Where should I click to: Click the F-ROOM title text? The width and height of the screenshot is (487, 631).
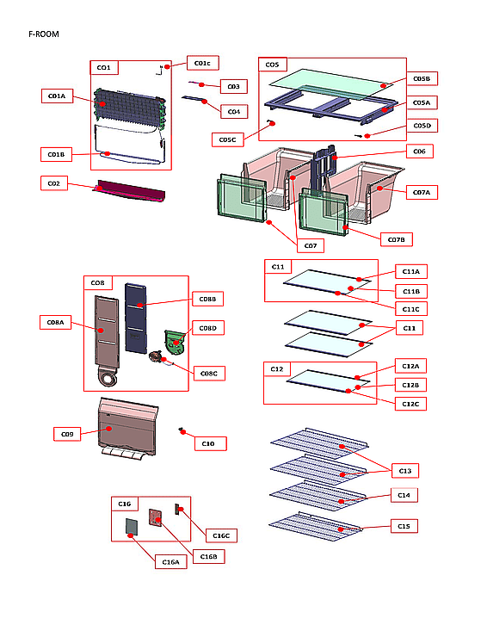coord(43,34)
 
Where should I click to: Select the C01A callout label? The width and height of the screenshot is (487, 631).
coord(57,96)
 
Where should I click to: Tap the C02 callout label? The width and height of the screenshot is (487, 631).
coord(53,182)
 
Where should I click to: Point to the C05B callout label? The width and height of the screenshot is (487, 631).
coord(421,79)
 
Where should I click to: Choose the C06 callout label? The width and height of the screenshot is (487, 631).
coord(419,152)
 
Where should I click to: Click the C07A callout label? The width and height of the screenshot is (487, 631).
coord(421,192)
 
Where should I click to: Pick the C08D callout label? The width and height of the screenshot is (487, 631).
coord(207,328)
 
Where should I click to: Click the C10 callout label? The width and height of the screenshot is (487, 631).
coord(208,443)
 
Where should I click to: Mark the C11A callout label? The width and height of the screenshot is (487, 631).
coord(409,272)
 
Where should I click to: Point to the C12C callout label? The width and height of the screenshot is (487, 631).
coord(409,404)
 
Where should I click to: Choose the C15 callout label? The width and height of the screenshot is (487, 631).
coord(404,525)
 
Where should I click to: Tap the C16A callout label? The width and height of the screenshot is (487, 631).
coord(171,561)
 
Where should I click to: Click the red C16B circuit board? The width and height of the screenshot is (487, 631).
coord(157,517)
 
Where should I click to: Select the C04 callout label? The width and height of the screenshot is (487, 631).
coord(232,111)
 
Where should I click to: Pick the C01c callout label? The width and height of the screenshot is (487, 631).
coord(202,63)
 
